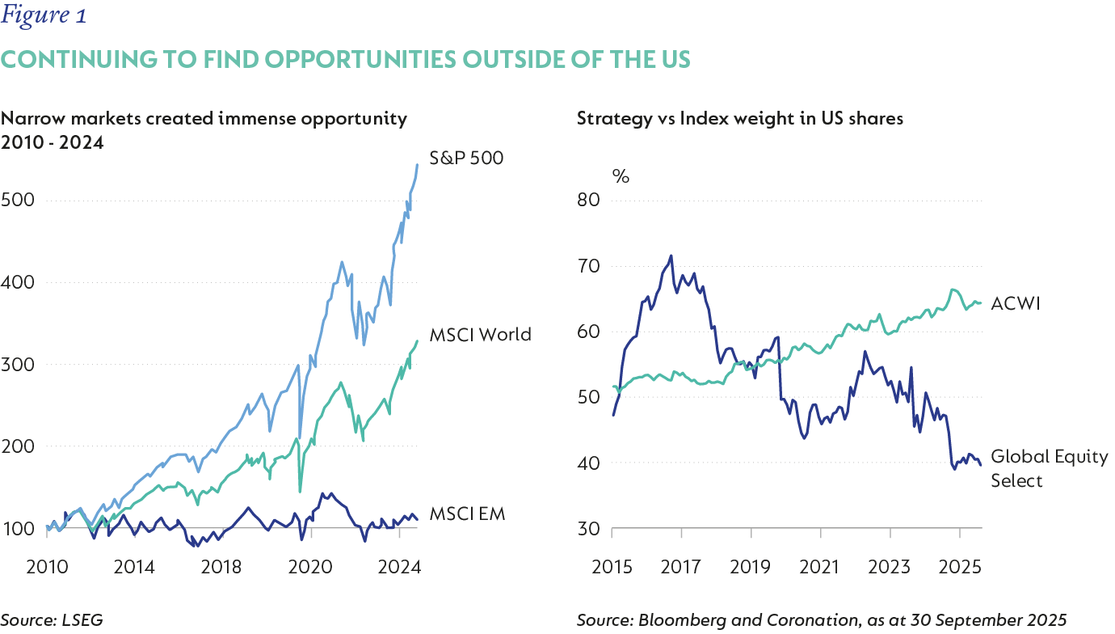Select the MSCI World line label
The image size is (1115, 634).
tap(481, 334)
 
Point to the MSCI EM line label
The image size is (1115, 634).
tap(467, 514)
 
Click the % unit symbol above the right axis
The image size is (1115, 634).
tap(621, 175)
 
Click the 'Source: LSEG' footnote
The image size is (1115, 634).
tap(52, 619)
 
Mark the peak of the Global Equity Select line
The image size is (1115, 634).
tap(671, 256)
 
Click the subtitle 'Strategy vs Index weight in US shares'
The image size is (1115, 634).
tap(740, 119)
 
